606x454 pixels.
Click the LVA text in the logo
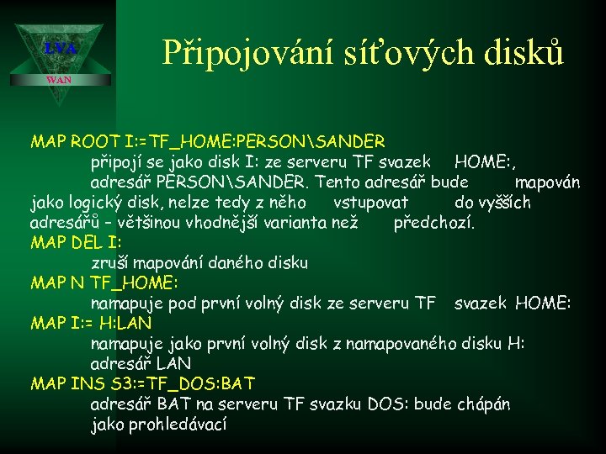pyautogui.click(x=61, y=50)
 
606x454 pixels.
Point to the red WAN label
pyautogui.click(x=58, y=80)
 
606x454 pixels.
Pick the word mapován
pyautogui.click(x=547, y=182)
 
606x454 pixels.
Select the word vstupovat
pyautogui.click(x=370, y=202)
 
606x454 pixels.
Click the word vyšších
pyautogui.click(x=504, y=202)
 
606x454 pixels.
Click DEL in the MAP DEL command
pyautogui.click(x=89, y=243)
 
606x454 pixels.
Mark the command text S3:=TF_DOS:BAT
pyautogui.click(x=178, y=383)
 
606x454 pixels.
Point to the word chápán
pyautogui.click(x=483, y=404)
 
